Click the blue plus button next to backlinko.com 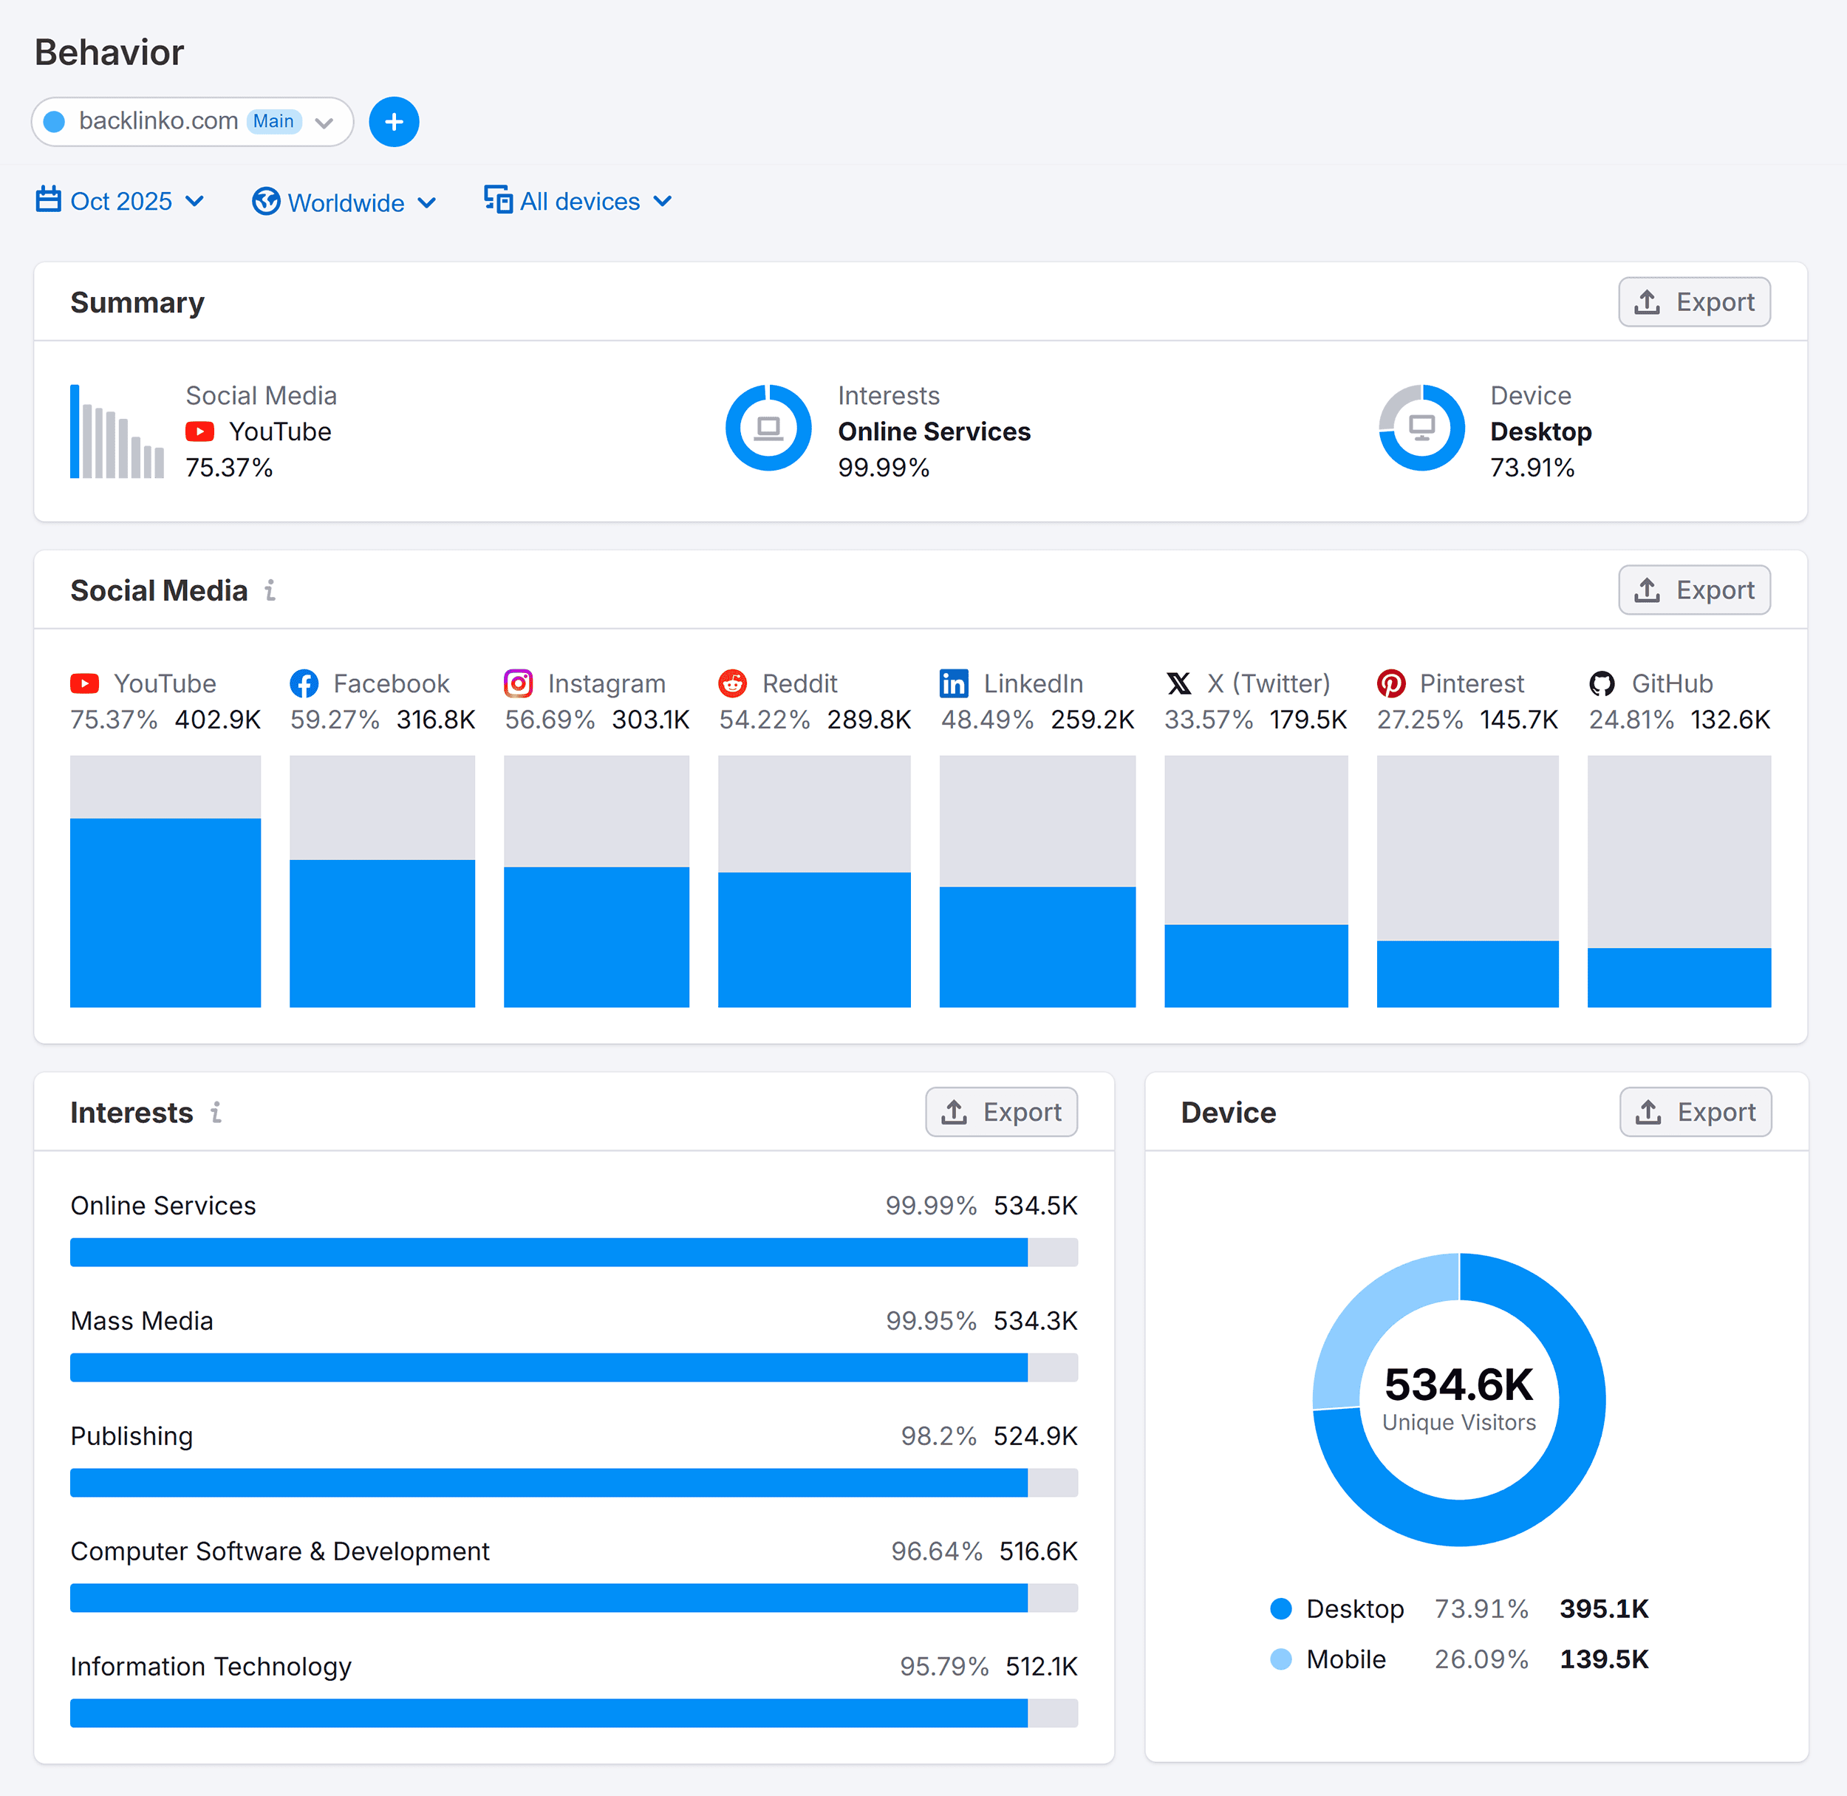pos(393,122)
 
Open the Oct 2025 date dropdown pos(120,201)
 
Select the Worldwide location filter pos(344,202)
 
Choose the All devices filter pos(578,201)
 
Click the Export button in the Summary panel pos(1693,302)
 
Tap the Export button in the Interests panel pos(1001,1112)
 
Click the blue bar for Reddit pos(814,940)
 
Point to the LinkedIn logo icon pos(954,683)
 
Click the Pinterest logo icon pos(1390,683)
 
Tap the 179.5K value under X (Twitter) pos(1308,720)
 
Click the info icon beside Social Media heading pos(270,590)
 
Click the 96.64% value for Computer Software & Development pos(936,1551)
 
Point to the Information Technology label pos(211,1666)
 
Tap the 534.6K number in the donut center pos(1458,1384)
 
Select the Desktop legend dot pos(1280,1608)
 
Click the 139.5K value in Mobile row pos(1604,1659)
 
